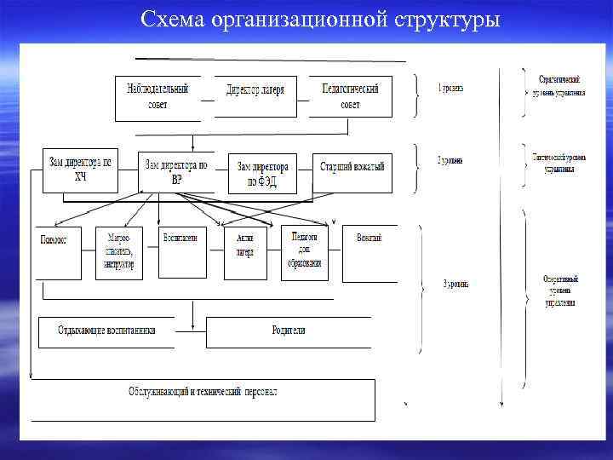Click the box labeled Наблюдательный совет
158,97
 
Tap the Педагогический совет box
350,97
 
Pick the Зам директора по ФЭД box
263,175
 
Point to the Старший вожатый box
352,168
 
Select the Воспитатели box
182,252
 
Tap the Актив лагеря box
244,252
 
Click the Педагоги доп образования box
305,252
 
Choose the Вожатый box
370,252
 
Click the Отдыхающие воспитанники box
106,331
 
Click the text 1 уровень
450,89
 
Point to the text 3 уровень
455,284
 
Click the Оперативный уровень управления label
560,290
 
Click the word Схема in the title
174,19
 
